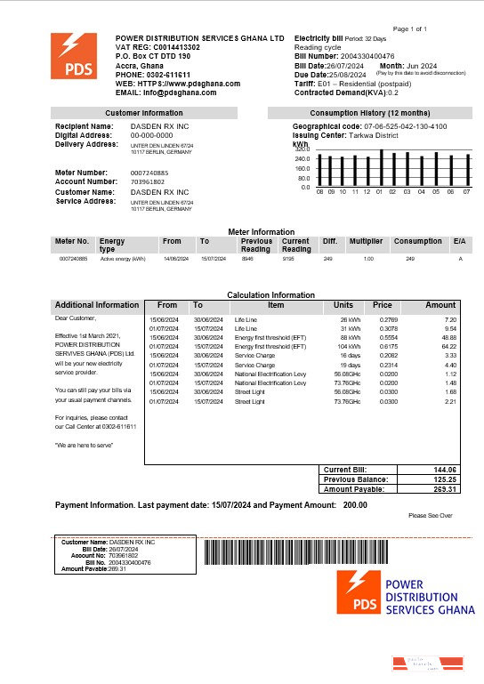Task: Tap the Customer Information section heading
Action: pyautogui.click(x=143, y=113)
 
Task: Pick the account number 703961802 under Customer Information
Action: pyautogui.click(x=148, y=181)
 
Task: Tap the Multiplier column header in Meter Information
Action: pyautogui.click(x=366, y=241)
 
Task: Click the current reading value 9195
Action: pyautogui.click(x=289, y=258)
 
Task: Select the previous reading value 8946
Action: pyautogui.click(x=248, y=258)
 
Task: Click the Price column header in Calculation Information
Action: pyautogui.click(x=383, y=305)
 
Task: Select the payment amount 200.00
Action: pyautogui.click(x=355, y=504)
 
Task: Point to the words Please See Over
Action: pyautogui.click(x=431, y=516)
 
